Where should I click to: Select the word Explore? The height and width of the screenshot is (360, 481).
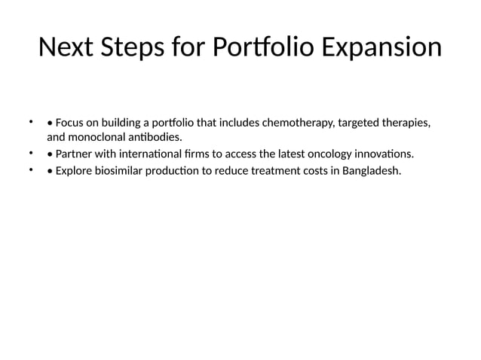tap(75, 170)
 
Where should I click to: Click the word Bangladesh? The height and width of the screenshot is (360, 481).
tap(372, 170)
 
